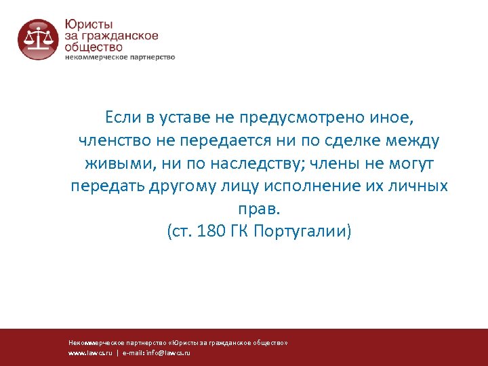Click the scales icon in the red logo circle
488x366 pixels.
[38, 40]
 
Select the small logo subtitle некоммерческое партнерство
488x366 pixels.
[120, 58]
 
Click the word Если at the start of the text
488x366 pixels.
[123, 119]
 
